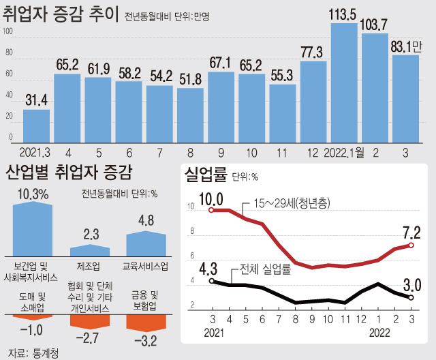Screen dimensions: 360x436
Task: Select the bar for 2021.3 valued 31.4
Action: click(x=36, y=126)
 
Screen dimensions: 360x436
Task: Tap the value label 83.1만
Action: click(x=406, y=46)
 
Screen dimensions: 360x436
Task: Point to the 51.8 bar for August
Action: click(x=189, y=115)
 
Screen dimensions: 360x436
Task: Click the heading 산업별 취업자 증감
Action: click(x=68, y=171)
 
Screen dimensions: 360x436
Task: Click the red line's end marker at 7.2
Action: click(x=411, y=245)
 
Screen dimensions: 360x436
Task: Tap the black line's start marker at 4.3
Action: click(x=212, y=280)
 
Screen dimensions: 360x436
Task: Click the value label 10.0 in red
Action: click(x=211, y=198)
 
